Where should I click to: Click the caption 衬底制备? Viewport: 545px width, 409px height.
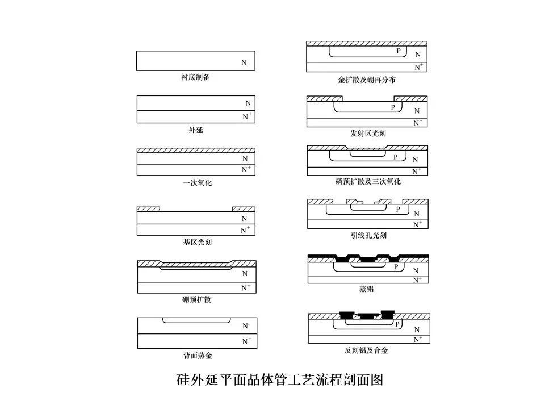195,77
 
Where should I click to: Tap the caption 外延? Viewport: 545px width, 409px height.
196,130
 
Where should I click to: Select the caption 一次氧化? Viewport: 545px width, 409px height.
197,183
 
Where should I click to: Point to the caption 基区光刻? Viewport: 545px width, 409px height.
197,242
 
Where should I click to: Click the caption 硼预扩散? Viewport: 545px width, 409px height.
197,299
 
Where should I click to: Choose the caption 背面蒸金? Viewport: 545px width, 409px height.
198,356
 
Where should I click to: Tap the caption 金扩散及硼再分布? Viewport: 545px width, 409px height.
367,80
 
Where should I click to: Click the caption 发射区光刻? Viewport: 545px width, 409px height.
368,133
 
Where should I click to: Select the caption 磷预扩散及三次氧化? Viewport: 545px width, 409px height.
368,181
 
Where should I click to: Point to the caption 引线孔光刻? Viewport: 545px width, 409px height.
368,235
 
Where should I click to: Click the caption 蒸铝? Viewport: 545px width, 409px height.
366,289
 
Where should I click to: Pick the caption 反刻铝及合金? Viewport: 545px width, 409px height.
366,350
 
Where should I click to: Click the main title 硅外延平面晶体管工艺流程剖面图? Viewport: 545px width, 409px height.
280,379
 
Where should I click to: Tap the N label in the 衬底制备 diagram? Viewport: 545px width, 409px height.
244,62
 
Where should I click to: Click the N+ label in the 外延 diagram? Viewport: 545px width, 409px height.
247,116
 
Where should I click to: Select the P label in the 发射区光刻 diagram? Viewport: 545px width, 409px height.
393,107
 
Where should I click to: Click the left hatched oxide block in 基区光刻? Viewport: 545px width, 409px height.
148,209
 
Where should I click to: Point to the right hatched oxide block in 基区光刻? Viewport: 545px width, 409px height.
244,209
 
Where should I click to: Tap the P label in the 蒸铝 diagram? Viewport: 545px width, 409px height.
396,267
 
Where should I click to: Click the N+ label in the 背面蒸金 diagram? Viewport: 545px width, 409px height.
247,341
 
